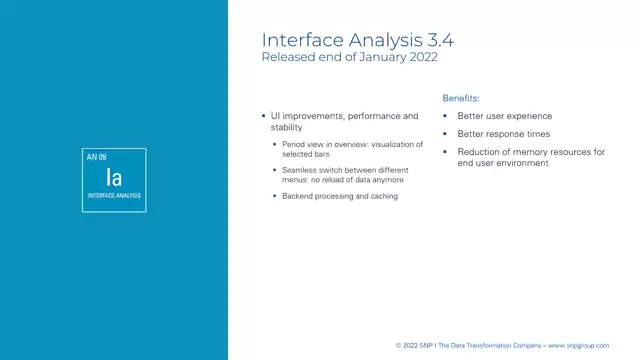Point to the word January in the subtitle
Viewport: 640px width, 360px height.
click(x=370, y=59)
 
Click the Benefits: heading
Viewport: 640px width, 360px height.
click(x=461, y=99)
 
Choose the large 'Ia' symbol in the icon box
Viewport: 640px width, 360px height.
click(x=114, y=178)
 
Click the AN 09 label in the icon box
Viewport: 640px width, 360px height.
click(x=97, y=158)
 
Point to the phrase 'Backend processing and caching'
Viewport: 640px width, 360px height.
click(x=333, y=196)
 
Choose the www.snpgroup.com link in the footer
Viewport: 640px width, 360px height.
click(x=578, y=345)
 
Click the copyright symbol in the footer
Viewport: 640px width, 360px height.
click(x=398, y=345)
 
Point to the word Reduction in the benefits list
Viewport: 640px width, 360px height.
click(x=481, y=152)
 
